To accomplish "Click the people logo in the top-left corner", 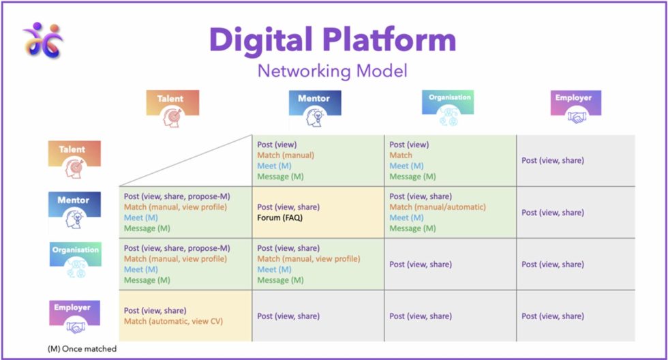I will [x=42, y=40].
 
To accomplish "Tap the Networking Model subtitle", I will [x=333, y=71].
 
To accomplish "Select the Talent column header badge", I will [x=172, y=109].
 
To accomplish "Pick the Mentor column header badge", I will [x=314, y=109].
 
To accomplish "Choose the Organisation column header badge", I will [x=448, y=108].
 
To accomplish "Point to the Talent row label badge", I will [x=74, y=159].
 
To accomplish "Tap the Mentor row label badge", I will [x=74, y=211].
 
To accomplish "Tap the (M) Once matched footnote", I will [x=82, y=349].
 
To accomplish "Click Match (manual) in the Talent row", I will [x=286, y=155].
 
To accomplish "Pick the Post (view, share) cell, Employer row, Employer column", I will [x=553, y=316].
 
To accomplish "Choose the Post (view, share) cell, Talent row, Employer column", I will [x=553, y=161].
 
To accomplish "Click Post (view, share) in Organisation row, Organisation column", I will [x=421, y=265].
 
